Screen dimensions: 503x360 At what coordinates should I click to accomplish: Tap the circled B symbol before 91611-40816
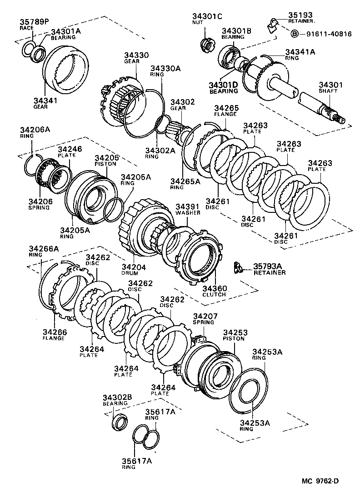294,34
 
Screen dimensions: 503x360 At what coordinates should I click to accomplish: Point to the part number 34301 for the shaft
330,85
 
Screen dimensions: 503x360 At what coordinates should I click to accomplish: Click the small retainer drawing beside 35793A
237,268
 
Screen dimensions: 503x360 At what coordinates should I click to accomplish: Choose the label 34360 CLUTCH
214,291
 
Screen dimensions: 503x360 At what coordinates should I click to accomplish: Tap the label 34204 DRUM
134,270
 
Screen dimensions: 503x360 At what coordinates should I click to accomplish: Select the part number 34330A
165,68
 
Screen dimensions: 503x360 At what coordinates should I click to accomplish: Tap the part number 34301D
223,85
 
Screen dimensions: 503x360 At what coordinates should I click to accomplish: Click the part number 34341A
300,52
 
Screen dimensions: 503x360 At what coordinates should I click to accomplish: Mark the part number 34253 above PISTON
234,332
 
